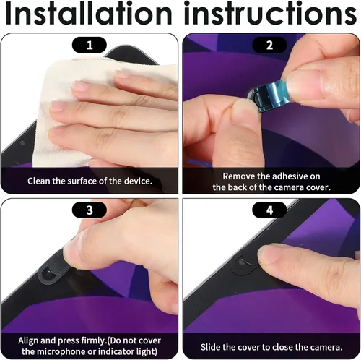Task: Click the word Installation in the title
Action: [89, 13]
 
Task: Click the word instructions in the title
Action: [270, 13]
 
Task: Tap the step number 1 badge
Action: [90, 45]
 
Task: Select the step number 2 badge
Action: [269, 45]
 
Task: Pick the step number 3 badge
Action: [90, 210]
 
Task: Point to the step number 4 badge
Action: [269, 210]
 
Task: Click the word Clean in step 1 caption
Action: [39, 181]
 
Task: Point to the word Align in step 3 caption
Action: [28, 340]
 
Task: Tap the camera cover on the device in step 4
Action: [245, 265]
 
